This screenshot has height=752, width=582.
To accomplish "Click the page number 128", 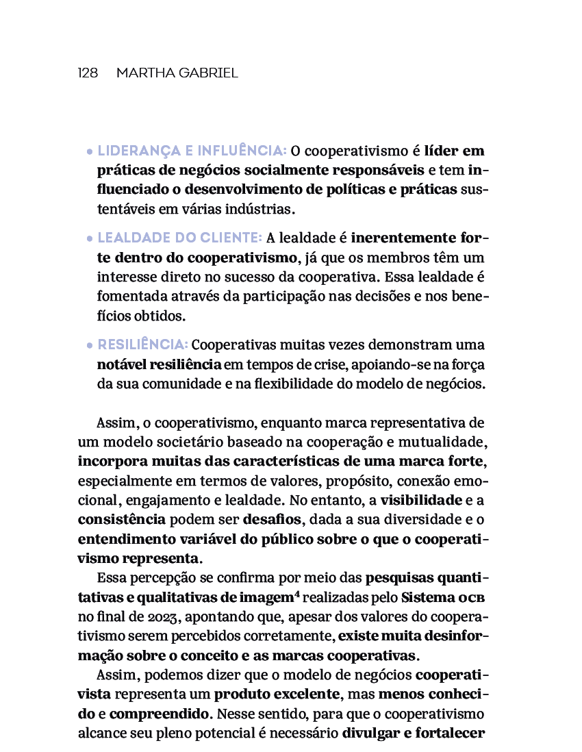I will pos(88,73).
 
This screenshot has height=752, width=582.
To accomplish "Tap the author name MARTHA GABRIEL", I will pos(177,73).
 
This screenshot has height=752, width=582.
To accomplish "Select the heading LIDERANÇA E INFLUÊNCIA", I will pos(192,151).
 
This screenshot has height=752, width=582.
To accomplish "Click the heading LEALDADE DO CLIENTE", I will pos(179,238).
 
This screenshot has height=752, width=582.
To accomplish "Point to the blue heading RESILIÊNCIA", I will pos(142,344).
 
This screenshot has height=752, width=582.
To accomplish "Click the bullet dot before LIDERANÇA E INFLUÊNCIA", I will pos(90,152).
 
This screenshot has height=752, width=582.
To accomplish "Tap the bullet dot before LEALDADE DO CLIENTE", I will pos(90,240).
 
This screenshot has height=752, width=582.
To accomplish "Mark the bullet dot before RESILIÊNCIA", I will pos(90,346).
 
